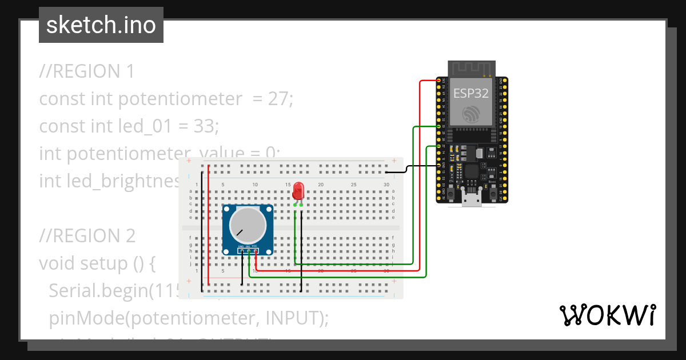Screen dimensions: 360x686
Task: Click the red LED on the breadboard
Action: (298, 191)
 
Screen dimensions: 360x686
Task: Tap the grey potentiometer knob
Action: (248, 225)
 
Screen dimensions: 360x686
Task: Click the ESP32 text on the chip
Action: (470, 93)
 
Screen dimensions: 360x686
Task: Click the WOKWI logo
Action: (607, 315)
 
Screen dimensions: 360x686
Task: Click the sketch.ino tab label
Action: (101, 25)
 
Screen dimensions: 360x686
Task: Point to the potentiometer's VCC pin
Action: (255, 251)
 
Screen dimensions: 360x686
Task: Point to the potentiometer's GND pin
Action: (241, 251)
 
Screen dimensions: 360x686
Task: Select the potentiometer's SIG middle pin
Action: (248, 251)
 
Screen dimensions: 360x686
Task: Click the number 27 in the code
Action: (280, 99)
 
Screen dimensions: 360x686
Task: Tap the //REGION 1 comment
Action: (87, 71)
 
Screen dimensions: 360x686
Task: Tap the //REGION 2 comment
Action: (87, 235)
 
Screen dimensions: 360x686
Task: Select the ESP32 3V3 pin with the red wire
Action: (439, 81)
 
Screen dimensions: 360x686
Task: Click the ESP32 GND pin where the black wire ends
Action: (439, 166)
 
